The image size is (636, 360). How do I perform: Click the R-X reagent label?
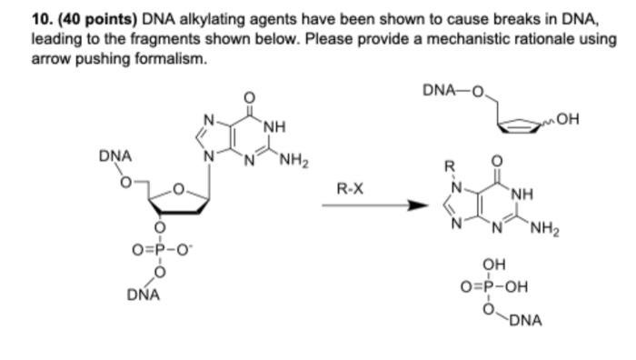[x=351, y=190]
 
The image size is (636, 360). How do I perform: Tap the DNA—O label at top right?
[x=452, y=90]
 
